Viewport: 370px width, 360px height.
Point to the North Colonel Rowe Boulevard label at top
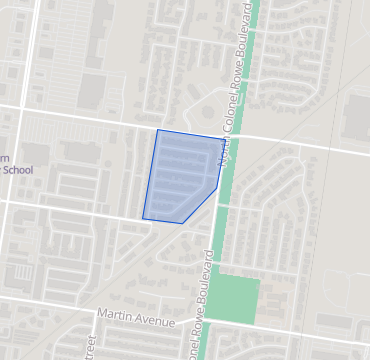[x=235, y=85]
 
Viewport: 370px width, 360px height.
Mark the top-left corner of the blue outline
[x=157, y=130]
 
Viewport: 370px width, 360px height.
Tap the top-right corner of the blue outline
[x=224, y=139]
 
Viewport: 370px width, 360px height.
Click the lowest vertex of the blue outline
[x=181, y=222]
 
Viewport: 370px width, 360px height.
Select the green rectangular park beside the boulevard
[x=236, y=298]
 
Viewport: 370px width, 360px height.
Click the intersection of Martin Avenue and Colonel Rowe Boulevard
[x=197, y=327]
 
